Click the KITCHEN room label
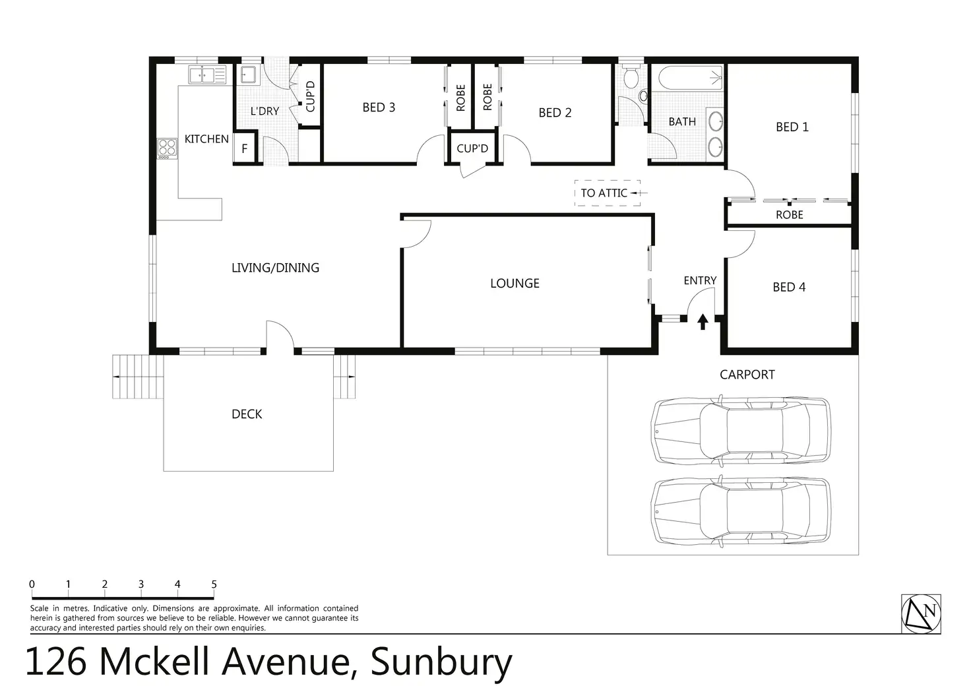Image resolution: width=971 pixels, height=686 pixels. coord(206,139)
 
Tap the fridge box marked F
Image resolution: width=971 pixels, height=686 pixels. coord(244,149)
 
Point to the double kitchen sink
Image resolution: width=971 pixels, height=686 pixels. coord(207,75)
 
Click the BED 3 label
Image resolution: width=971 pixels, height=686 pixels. coord(379,108)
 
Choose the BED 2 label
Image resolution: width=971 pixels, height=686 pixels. coord(555,113)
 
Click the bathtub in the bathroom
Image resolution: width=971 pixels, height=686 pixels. coord(687,79)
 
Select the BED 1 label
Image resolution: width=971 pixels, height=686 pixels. coord(792,127)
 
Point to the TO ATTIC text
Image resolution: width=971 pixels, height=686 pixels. coord(604,193)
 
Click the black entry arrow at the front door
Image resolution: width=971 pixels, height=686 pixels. coord(703,321)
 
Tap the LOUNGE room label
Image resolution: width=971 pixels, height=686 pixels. coord(515,284)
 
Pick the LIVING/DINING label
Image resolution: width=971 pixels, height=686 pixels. coord(275,268)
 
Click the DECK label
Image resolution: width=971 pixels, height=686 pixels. coord(247,414)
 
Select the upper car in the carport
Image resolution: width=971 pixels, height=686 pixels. coord(740,429)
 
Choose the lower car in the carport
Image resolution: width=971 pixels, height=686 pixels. coord(740,511)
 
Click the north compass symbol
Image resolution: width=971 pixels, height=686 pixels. coord(921,613)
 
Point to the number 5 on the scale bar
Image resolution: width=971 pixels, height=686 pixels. coord(214,584)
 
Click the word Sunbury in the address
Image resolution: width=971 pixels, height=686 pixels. coord(441,662)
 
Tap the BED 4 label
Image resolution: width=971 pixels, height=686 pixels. coord(789,287)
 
